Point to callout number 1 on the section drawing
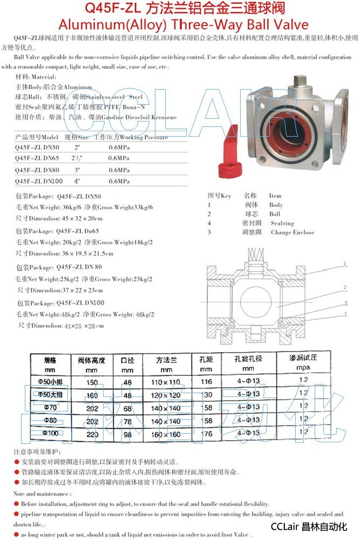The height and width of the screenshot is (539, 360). [x=344, y=264]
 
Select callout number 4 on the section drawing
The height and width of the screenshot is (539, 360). [x=344, y=314]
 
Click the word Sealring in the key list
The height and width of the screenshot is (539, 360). [x=282, y=223]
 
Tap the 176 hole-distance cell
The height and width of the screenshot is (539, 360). [x=206, y=433]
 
